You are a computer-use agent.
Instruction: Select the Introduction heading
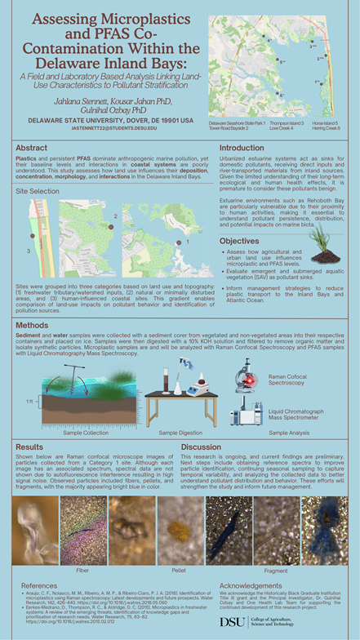[242, 147]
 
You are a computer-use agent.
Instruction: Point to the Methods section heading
[33, 324]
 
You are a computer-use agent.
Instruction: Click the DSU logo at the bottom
[231, 622]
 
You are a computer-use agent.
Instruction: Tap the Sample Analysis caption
[291, 432]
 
